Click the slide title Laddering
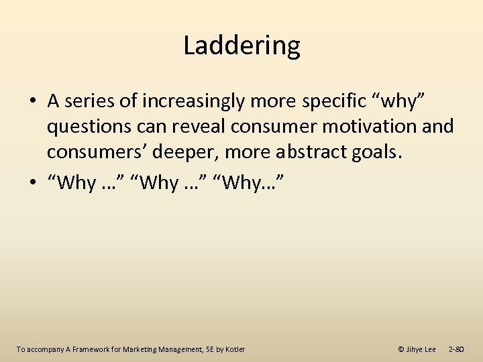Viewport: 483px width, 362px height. click(241, 46)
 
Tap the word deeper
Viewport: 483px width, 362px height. click(180, 152)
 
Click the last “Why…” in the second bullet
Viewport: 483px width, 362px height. click(252, 182)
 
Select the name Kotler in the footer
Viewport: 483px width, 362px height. click(234, 349)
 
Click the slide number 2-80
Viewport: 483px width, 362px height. click(457, 349)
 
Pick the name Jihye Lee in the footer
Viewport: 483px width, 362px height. click(421, 349)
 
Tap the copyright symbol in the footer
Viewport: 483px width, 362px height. click(401, 349)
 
